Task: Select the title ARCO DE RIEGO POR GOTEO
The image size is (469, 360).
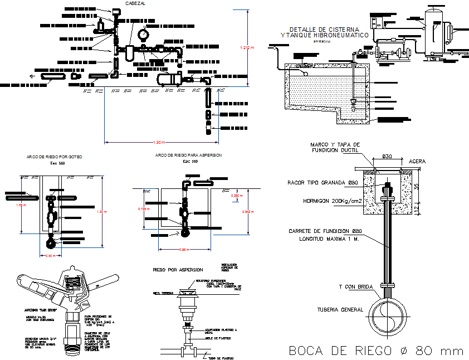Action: [x=54, y=157]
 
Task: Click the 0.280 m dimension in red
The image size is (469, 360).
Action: [x=238, y=196]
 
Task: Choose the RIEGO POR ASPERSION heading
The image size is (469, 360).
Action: [x=178, y=269]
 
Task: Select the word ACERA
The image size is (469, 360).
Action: [x=417, y=161]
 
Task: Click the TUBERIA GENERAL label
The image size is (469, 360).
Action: [x=340, y=309]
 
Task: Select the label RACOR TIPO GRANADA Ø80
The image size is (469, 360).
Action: [x=326, y=182]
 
